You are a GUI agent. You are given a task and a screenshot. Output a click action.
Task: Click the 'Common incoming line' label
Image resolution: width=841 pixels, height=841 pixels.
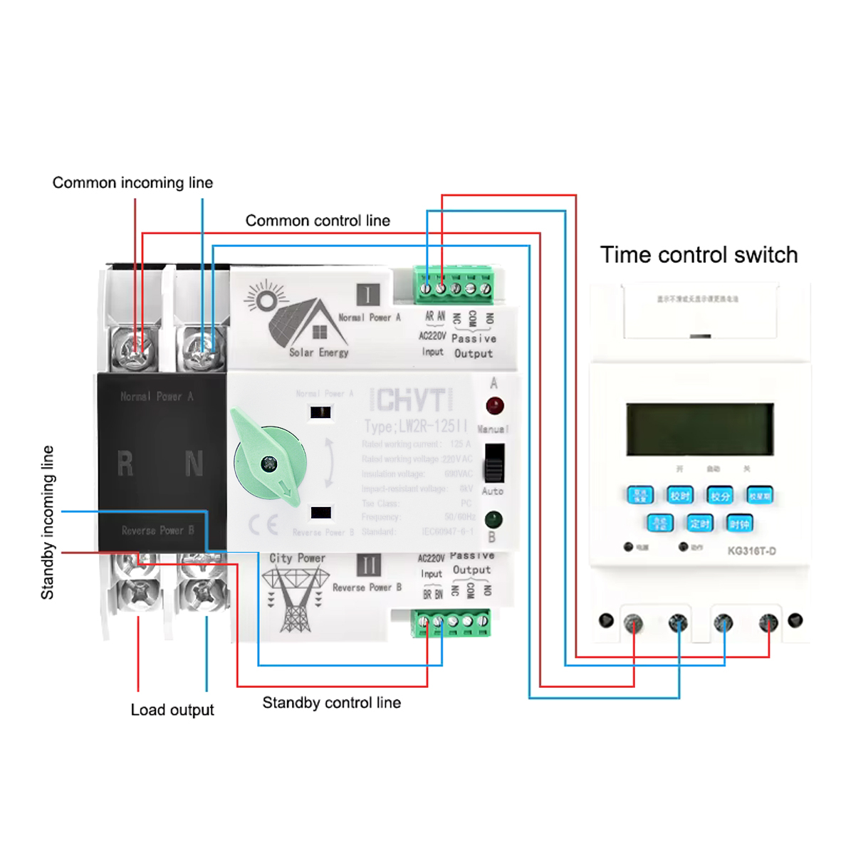(132, 183)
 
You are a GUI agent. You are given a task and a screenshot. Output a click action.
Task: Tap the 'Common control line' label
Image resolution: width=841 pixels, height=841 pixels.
(318, 221)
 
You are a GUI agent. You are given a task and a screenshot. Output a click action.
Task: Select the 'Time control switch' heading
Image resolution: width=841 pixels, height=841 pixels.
(699, 255)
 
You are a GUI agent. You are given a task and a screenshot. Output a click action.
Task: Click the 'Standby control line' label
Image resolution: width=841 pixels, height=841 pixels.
(331, 703)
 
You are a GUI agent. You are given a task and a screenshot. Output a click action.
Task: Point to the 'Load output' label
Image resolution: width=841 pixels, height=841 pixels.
(172, 710)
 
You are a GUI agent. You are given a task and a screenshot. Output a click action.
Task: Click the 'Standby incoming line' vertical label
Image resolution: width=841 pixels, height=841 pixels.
(48, 522)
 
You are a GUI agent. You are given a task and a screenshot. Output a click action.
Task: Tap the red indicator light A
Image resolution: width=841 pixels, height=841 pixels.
(494, 407)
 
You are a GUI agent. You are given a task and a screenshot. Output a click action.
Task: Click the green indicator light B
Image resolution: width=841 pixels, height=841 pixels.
(493, 519)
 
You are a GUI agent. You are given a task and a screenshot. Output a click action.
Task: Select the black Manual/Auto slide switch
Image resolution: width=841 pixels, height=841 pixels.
(494, 463)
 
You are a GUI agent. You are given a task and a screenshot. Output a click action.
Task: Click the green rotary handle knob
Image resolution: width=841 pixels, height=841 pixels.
(269, 464)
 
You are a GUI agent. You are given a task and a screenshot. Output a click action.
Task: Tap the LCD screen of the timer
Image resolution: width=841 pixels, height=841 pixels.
(699, 429)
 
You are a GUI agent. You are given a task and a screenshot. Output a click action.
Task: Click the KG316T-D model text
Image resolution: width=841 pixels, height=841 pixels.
(751, 550)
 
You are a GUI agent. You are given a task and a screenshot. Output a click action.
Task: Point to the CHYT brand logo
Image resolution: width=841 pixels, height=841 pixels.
(412, 400)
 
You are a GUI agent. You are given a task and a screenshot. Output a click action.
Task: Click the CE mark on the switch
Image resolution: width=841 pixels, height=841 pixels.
(263, 525)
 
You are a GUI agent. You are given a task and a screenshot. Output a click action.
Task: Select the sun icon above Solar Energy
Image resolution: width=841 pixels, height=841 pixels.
(265, 299)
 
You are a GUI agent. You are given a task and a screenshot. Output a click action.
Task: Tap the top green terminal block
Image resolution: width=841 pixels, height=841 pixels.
(454, 286)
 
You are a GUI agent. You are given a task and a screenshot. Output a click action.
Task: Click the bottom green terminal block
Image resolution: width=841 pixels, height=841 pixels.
(451, 623)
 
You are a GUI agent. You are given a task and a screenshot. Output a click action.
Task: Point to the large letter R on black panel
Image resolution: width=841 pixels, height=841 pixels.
(125, 464)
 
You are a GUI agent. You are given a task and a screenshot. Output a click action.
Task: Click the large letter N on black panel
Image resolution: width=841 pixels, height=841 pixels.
(194, 464)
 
